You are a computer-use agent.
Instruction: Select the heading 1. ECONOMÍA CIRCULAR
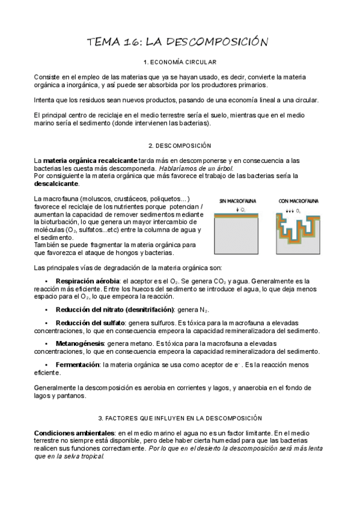(180, 63)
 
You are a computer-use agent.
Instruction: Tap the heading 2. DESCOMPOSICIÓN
(180, 146)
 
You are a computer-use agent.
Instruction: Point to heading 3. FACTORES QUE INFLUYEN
(180, 417)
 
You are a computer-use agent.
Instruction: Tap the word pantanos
(73, 396)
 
